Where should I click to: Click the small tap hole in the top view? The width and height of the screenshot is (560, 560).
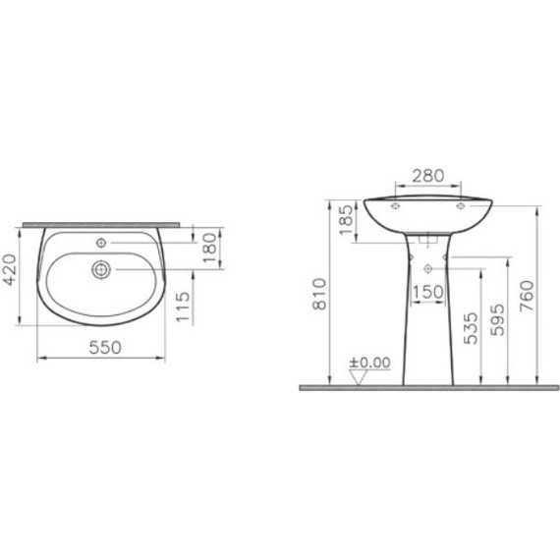point(100,241)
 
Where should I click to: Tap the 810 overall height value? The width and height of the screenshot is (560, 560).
point(315,294)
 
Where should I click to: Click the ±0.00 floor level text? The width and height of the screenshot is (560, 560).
point(369,363)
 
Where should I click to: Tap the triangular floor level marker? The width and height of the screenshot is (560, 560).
point(361,377)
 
